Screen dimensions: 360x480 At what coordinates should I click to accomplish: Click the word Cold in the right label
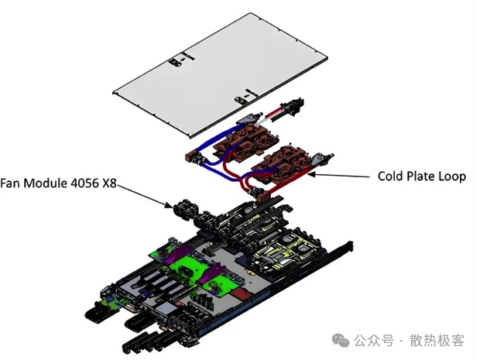coord(392,177)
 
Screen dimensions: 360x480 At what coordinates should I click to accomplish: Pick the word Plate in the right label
coord(423,177)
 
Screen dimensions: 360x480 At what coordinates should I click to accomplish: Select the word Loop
coord(452,177)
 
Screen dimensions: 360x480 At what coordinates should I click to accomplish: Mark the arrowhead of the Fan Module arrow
coord(174,205)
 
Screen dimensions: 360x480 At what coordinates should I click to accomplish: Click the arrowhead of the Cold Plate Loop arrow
coord(311,173)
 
